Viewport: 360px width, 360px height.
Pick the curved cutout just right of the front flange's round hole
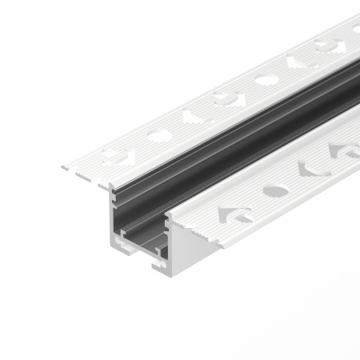pyautogui.click(x=311, y=170)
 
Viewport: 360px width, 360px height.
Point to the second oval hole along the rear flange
pyautogui.click(x=266, y=80)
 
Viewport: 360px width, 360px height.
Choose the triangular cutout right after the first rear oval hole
pyautogui.click(x=192, y=117)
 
